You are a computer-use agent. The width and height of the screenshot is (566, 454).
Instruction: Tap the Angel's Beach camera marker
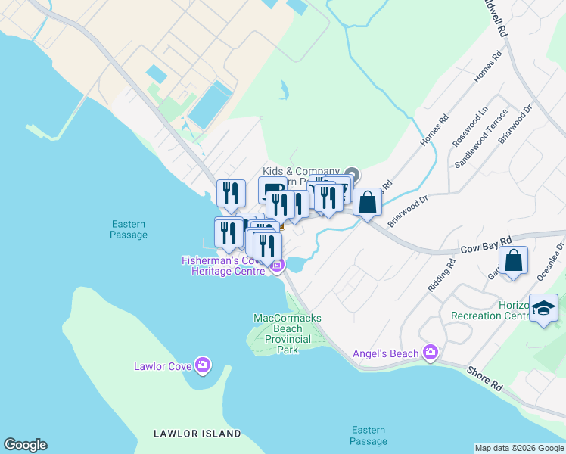point(431,352)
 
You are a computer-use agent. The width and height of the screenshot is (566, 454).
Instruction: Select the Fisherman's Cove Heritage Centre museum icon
point(277,265)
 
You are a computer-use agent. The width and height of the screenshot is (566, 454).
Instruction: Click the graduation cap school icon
point(543,308)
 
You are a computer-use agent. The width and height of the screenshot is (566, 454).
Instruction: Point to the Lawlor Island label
point(197,434)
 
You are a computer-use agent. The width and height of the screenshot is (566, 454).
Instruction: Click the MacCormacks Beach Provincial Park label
point(288,334)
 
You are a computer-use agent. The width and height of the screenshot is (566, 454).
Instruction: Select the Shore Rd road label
point(485,379)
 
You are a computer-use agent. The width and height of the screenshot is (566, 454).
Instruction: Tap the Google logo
point(25,445)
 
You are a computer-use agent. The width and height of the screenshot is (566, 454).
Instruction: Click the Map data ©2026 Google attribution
point(519,448)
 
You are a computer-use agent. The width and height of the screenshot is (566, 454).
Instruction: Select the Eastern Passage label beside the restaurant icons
point(128,229)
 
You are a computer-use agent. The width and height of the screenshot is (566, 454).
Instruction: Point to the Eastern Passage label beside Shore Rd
point(369,435)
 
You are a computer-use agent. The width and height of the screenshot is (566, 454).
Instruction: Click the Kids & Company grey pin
point(352,173)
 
